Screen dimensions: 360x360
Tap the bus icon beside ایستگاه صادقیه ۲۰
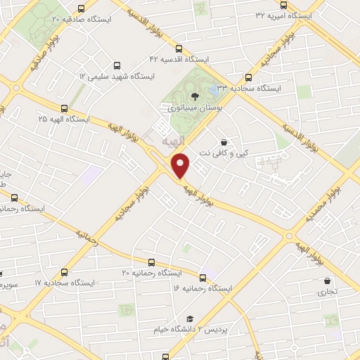click(x=81, y=8)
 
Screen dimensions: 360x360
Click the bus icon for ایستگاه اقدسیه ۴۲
click(x=179, y=49)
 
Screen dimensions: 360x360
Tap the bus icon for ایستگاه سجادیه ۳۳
click(x=247, y=78)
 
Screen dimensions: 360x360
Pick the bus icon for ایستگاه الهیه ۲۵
click(x=65, y=108)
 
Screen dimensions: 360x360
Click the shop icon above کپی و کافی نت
click(x=224, y=141)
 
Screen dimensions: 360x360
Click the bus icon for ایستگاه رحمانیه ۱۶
click(x=203, y=278)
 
